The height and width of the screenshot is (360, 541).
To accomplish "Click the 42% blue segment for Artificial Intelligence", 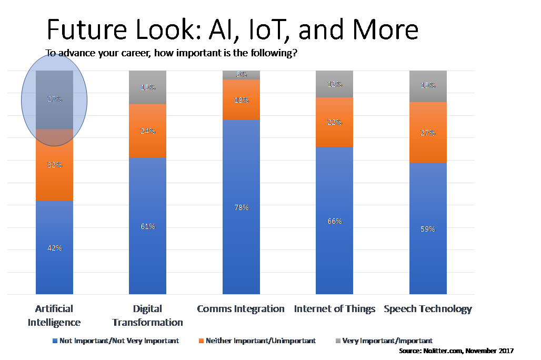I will click(x=54, y=247).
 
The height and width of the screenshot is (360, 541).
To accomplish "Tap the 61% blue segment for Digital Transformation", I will click(x=148, y=226).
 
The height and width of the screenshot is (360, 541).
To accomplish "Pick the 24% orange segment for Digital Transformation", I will click(x=148, y=131).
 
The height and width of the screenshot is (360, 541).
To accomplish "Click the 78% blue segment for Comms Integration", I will click(x=241, y=207).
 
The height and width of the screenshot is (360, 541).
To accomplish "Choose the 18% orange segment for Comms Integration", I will click(x=241, y=100).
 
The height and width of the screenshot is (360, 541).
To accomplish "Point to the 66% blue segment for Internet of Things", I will click(x=335, y=221).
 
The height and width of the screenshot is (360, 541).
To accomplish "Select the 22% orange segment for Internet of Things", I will click(x=335, y=122).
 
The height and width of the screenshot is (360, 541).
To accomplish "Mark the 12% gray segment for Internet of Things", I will click(x=335, y=84).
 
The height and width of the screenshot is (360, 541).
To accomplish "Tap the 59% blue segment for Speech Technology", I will click(x=428, y=229).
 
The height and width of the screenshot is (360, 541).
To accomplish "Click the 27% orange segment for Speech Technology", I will click(x=428, y=133).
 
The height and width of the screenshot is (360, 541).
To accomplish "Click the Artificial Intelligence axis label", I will click(x=54, y=315).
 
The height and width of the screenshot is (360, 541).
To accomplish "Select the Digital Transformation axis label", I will click(x=148, y=315).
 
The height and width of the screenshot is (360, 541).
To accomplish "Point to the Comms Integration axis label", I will click(x=241, y=309).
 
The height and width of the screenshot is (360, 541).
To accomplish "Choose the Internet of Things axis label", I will click(x=335, y=309).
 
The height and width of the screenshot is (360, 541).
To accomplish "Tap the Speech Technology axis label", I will click(x=428, y=309).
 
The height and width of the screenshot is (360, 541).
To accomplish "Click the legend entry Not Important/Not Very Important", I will click(x=119, y=341).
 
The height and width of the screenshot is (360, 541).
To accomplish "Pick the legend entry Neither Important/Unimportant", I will click(x=261, y=341).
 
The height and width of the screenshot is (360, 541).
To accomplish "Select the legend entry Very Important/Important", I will click(x=387, y=341).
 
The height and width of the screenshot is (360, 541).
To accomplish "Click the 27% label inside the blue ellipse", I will click(x=54, y=99).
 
